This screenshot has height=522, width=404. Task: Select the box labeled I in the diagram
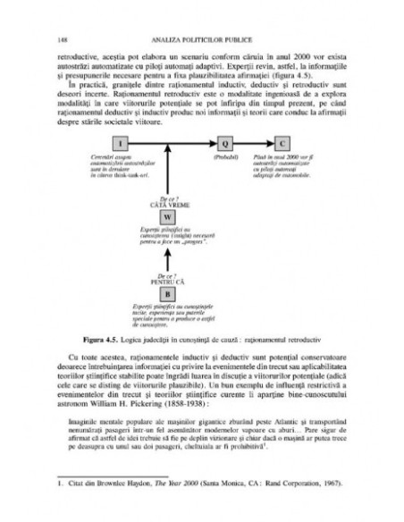(x=123, y=143)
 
